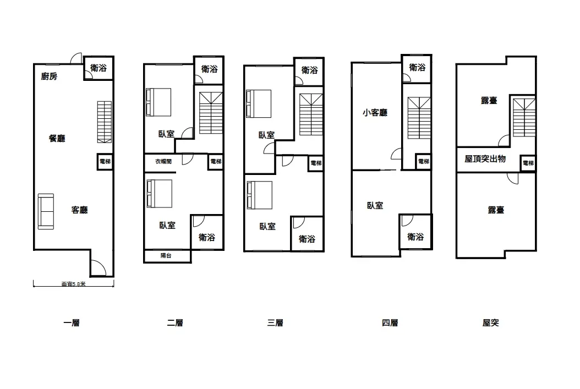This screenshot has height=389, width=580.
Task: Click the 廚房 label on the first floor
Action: click(49, 76)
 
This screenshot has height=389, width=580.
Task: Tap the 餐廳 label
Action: click(57, 138)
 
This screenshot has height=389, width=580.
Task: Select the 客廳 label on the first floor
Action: click(79, 210)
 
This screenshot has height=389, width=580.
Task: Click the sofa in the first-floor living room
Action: click(46, 211)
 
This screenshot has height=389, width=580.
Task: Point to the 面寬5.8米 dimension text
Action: click(73, 284)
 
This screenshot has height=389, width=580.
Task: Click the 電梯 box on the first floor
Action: click(105, 162)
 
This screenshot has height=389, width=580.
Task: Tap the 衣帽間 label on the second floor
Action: click(163, 162)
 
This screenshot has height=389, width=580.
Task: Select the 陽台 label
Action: click(166, 255)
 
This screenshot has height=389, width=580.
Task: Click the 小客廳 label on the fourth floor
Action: click(375, 112)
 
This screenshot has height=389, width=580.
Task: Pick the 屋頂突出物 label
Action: click(485, 159)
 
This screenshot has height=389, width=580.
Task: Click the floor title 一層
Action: click(72, 323)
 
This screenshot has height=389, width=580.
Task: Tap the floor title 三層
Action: click(275, 323)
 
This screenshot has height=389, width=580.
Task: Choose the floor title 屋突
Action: click(490, 323)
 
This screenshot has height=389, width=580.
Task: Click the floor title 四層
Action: click(390, 323)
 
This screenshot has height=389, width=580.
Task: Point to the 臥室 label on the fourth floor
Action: click(375, 205)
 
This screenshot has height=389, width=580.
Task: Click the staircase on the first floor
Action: click(105, 122)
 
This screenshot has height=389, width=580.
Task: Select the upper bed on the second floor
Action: click(158, 102)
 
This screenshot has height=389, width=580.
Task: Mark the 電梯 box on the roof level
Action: click(528, 163)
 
